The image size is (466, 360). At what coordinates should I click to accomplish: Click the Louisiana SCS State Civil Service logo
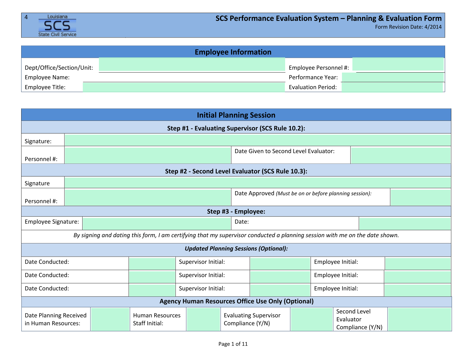pyautogui.click(x=57, y=25)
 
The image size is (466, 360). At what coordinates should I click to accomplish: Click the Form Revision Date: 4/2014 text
pyautogui.click(x=408, y=27)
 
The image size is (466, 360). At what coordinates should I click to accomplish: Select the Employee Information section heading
pyautogui.click(x=233, y=52)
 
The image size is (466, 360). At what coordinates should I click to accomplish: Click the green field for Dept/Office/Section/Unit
pyautogui.click(x=192, y=64)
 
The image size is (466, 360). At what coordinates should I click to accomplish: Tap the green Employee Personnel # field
pyautogui.click(x=398, y=64)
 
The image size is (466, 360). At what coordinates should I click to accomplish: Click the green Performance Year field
pyautogui.click(x=393, y=77)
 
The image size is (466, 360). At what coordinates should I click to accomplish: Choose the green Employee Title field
pyautogui.click(x=184, y=87)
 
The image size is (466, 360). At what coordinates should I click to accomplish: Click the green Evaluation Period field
pyautogui.click(x=392, y=87)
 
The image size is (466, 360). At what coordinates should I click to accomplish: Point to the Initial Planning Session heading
pyautogui.click(x=236, y=115)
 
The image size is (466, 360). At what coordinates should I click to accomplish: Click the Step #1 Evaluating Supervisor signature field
pyautogui.click(x=257, y=140)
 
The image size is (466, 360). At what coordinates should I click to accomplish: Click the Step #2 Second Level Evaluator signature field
pyautogui.click(x=257, y=182)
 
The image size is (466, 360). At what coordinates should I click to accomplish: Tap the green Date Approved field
pyautogui.click(x=420, y=197)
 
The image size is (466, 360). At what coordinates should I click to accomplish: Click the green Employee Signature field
pyautogui.click(x=157, y=224)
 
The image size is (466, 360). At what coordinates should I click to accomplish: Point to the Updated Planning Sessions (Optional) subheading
pyautogui.click(x=236, y=248)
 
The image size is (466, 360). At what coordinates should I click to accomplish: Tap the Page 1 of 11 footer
pyautogui.click(x=233, y=344)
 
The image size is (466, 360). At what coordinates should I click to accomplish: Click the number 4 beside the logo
pyautogui.click(x=26, y=17)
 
